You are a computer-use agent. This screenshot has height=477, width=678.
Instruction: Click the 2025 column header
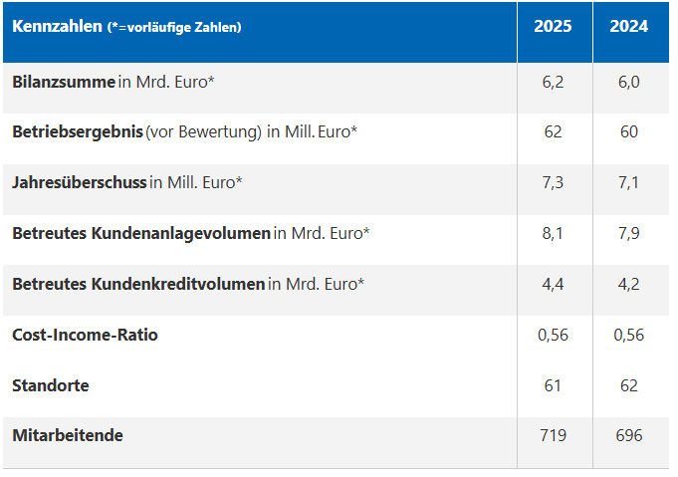point(553,27)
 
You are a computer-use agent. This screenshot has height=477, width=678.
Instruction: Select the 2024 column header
point(628,27)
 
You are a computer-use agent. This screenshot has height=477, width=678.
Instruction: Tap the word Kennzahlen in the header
point(57,27)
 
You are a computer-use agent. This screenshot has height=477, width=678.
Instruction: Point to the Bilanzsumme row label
point(64,82)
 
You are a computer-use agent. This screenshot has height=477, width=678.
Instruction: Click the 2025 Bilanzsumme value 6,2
point(553,82)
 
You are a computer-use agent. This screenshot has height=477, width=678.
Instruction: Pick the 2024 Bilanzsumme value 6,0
point(628,82)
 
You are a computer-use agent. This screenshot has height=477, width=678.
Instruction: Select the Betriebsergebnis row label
point(78,132)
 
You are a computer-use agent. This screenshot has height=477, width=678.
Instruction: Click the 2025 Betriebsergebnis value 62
point(553,132)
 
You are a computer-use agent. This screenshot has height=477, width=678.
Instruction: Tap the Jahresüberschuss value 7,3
point(553,183)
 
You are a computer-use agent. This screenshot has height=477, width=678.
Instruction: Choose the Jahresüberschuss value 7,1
point(628,183)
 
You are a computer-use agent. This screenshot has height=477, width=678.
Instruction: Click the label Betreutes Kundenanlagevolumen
point(141,233)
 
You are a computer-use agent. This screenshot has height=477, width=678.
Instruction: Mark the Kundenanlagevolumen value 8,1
point(553,233)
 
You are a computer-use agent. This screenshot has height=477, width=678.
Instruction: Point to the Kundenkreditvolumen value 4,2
point(628,284)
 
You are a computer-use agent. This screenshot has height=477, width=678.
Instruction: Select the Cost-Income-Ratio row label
point(86,335)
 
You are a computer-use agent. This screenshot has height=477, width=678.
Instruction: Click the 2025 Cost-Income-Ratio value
point(553,335)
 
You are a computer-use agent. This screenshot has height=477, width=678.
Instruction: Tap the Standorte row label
point(51,385)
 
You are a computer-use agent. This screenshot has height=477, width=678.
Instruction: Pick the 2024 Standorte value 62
point(628,385)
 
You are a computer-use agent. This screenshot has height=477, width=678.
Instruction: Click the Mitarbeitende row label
point(68,435)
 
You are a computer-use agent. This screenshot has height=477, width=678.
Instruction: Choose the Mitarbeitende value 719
point(553,435)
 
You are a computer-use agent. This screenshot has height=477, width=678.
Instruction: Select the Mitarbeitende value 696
point(628,435)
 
